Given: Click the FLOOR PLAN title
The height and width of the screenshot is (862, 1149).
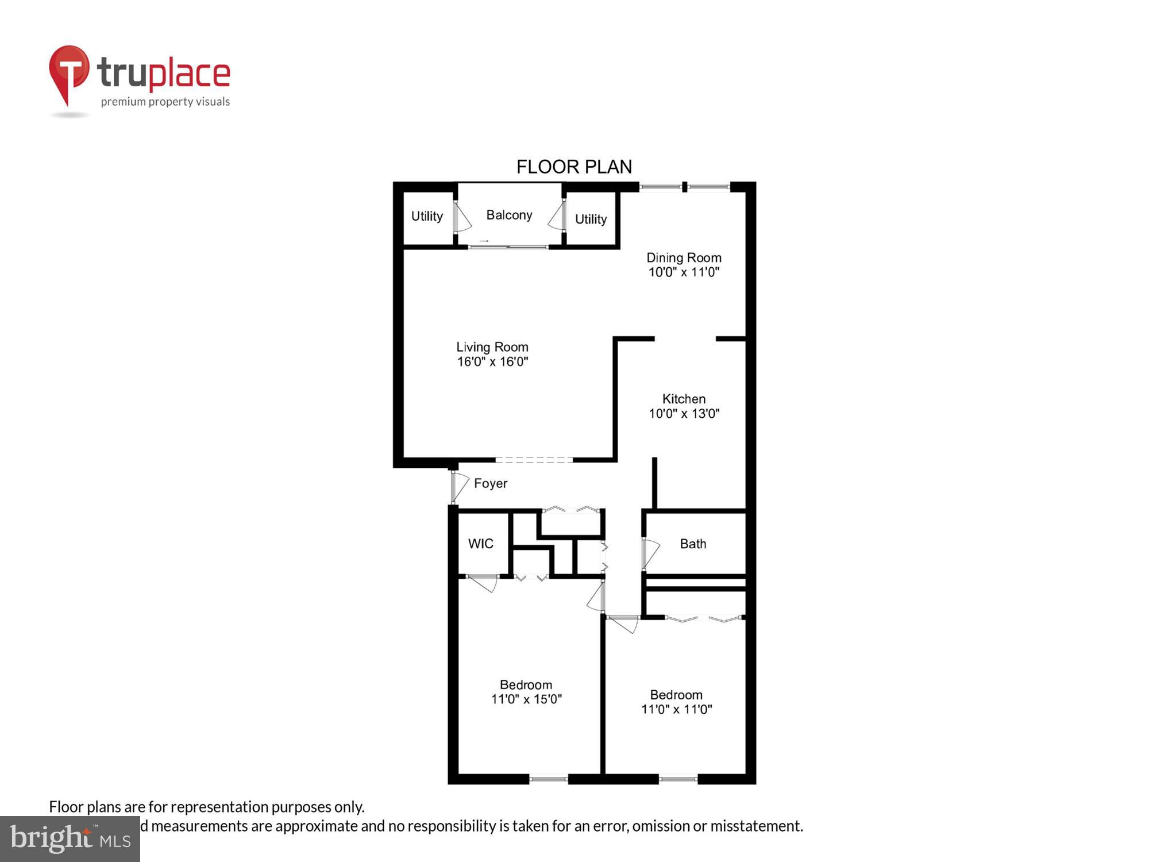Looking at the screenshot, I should [574, 167].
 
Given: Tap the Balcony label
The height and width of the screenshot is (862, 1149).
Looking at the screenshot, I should [509, 215].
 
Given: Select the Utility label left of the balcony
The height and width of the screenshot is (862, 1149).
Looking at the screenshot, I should [427, 216].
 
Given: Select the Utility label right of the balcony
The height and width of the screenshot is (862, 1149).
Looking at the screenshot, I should [591, 219].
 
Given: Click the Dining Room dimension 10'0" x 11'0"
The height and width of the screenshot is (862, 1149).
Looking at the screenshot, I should [684, 272].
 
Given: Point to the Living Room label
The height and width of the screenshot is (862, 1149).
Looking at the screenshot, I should [492, 347].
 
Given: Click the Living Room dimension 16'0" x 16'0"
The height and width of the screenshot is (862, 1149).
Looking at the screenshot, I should [492, 362].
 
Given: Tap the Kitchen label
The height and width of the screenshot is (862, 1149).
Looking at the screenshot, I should [684, 399].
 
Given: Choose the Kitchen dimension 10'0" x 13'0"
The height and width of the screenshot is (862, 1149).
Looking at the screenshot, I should [684, 414].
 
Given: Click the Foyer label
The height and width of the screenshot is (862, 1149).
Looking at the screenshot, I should [491, 483].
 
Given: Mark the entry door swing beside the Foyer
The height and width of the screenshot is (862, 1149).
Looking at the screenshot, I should [460, 487].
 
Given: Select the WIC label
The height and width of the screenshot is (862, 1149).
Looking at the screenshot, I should [481, 544].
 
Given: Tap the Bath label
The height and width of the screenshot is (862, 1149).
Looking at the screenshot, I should [693, 544].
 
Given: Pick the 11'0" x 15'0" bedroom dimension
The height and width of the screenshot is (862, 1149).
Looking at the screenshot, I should [526, 699].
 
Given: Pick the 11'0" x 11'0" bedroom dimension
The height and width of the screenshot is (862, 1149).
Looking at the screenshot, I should [676, 710].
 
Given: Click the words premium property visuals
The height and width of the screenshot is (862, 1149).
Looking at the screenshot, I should [165, 102].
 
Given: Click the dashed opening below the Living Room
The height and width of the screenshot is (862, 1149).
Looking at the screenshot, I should [534, 460].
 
